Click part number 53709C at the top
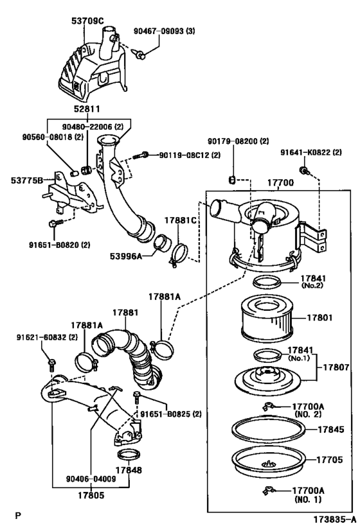[87, 21]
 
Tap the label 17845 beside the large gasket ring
[331, 430]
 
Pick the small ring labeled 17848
[129, 455]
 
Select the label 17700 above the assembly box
[280, 182]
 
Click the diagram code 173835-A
[334, 520]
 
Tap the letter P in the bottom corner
[18, 515]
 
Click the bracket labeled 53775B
[73, 196]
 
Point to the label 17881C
[180, 220]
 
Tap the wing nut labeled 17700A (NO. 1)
[269, 491]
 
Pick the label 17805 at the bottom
[91, 495]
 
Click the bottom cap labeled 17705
[269, 460]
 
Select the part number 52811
[87, 109]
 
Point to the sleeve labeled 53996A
[163, 243]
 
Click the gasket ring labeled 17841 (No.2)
[267, 282]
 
